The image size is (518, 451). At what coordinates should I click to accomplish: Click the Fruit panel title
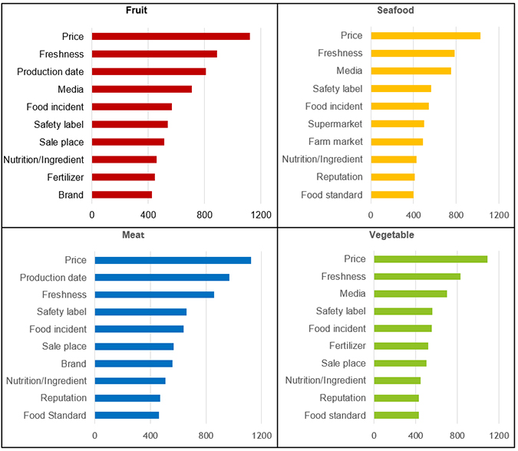[x=138, y=11]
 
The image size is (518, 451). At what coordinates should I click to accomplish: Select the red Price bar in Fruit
[x=170, y=36]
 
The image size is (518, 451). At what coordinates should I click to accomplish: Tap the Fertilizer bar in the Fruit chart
[x=123, y=177]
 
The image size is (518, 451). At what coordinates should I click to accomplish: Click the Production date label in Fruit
[x=51, y=71]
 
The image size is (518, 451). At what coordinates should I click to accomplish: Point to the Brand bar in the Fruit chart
[x=121, y=195]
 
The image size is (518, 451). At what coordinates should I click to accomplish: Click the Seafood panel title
[x=396, y=11]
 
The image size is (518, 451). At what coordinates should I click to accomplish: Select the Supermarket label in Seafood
[x=335, y=123]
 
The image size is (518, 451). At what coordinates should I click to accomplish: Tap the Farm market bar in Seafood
[x=396, y=141]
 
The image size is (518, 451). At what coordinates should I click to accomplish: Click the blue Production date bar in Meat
[x=162, y=278]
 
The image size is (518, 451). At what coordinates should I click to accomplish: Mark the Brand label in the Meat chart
[x=74, y=364]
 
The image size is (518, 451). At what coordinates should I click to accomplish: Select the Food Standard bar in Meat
[x=127, y=415]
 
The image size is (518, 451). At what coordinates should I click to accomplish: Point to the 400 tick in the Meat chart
[x=150, y=436]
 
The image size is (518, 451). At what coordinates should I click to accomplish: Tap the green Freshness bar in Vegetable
[x=417, y=276]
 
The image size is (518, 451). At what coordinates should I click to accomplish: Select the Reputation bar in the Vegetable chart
[x=396, y=397]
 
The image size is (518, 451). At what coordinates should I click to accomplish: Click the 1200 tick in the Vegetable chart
[x=499, y=436]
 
